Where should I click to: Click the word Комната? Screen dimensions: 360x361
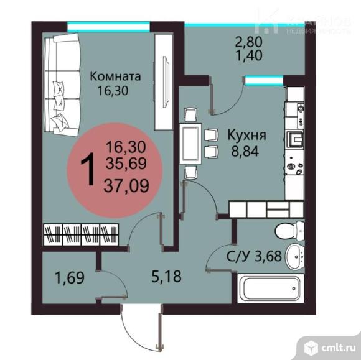pos(115,76)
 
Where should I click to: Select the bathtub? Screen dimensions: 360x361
pos(271,290)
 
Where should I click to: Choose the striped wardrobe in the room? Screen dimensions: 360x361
pos(81,235)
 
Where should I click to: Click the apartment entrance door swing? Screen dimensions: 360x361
pos(139,320)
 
